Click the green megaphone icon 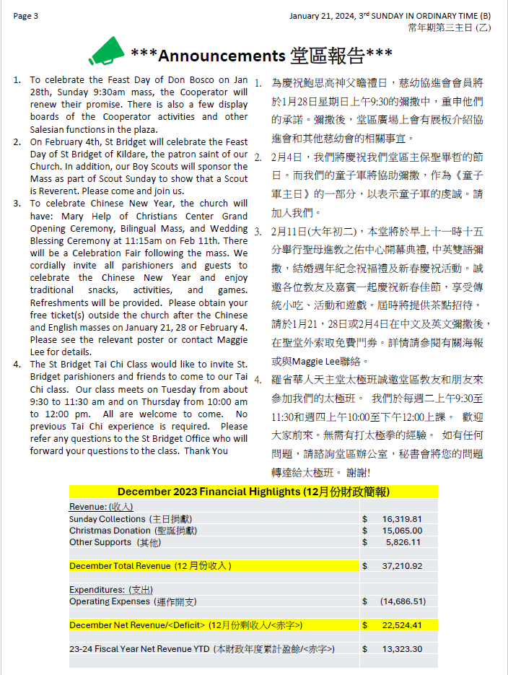pyautogui.click(x=107, y=51)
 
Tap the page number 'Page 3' pyautogui.click(x=26, y=16)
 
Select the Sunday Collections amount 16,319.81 pyautogui.click(x=402, y=519)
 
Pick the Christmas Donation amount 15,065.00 pyautogui.click(x=402, y=531)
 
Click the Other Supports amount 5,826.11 pyautogui.click(x=403, y=542)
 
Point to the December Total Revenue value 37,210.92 pyautogui.click(x=402, y=566)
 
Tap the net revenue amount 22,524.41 pyautogui.click(x=402, y=625)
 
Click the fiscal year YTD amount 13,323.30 pyautogui.click(x=402, y=649)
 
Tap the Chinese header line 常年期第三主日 pyautogui.click(x=440, y=27)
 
